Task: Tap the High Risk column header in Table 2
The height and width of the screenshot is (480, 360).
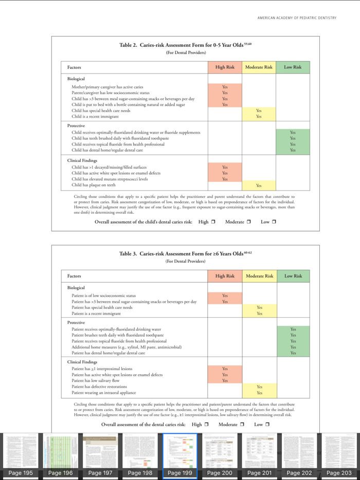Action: pyautogui.click(x=225, y=67)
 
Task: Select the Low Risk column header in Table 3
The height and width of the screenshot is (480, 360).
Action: pyautogui.click(x=293, y=276)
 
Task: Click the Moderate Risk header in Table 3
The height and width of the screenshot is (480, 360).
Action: pyautogui.click(x=259, y=276)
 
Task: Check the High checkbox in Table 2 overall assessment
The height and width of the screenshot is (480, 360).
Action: pyautogui.click(x=212, y=221)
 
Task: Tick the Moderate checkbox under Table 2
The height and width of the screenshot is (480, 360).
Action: pyautogui.click(x=248, y=221)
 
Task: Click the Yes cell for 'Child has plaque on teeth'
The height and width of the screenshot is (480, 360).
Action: pyautogui.click(x=259, y=186)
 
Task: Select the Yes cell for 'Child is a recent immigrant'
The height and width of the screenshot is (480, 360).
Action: pyautogui.click(x=259, y=117)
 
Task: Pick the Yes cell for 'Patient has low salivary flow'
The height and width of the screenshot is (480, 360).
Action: pyautogui.click(x=225, y=380)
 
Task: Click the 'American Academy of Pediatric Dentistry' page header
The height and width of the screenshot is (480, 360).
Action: pyautogui.click(x=297, y=18)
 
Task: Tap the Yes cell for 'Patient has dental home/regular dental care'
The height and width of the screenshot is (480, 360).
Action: pyautogui.click(x=293, y=353)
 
